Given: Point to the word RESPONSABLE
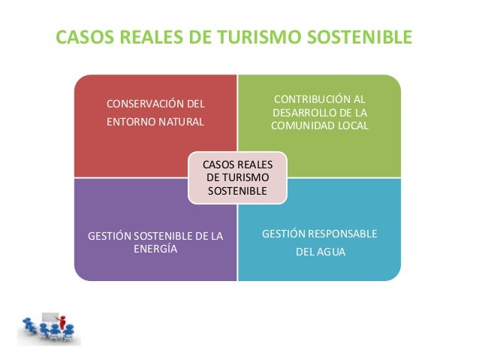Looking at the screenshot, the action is (x=342, y=234).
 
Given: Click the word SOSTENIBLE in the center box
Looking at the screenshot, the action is (x=236, y=191).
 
